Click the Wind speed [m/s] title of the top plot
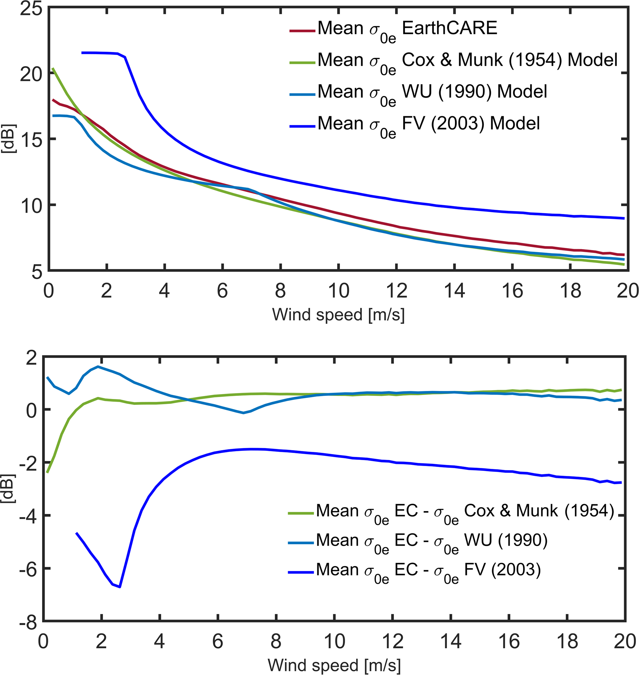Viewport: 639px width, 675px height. [x=338, y=315]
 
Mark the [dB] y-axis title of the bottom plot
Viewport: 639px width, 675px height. [x=9, y=489]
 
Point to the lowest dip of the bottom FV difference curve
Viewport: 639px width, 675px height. [x=120, y=587]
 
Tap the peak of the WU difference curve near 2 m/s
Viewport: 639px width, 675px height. [x=98, y=367]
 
